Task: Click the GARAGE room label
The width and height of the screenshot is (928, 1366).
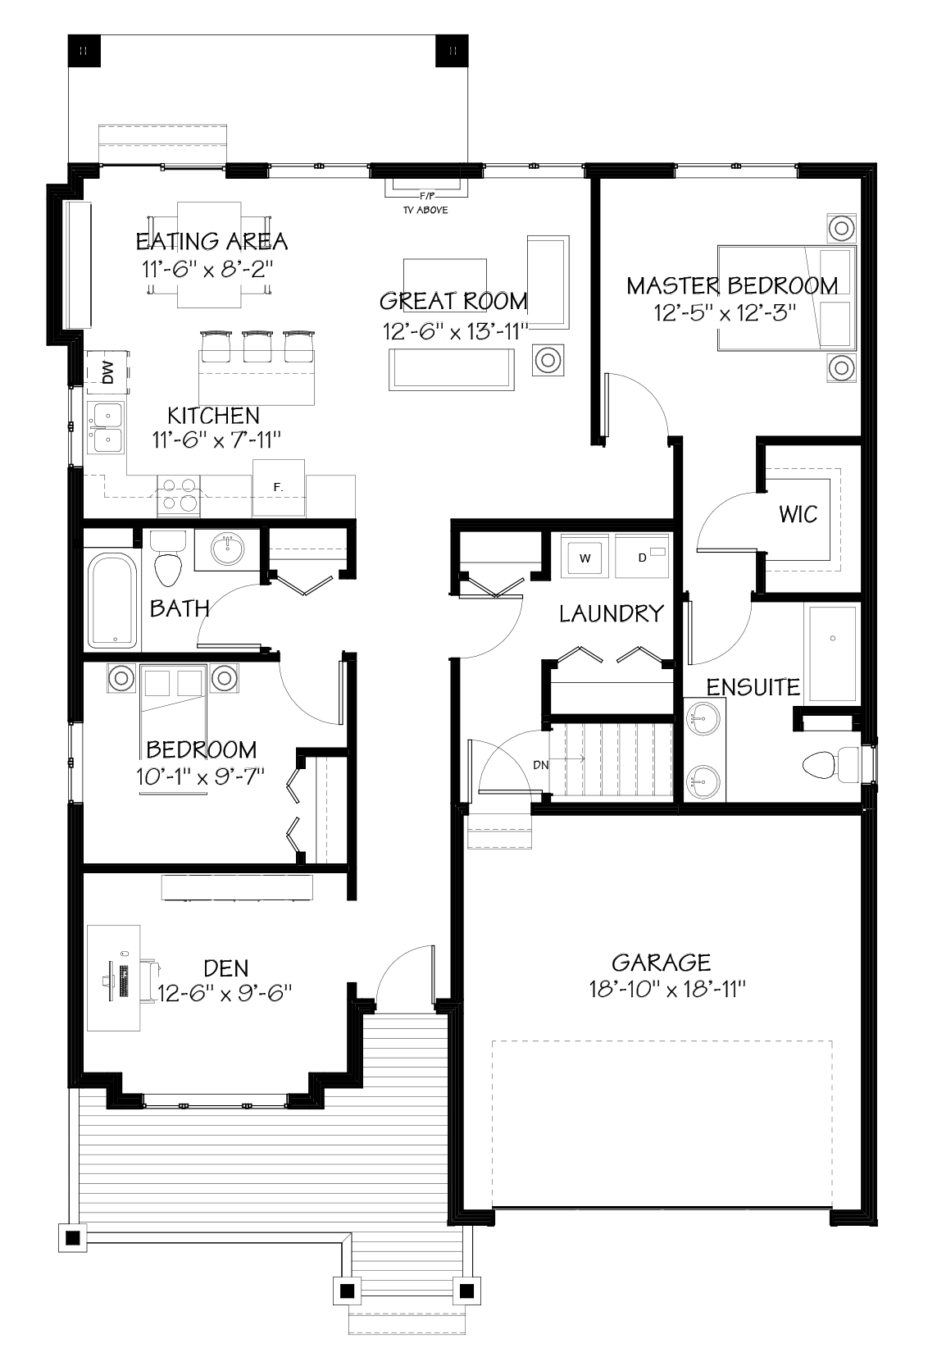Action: pos(661,962)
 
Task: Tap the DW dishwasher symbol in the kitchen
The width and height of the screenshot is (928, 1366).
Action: pos(107,371)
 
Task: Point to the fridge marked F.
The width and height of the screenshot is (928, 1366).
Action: pos(279,487)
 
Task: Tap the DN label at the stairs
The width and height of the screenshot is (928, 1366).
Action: pos(540,765)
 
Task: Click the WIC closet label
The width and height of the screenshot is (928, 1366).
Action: pos(798,515)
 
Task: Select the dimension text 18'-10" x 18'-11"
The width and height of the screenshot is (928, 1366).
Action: pos(666,990)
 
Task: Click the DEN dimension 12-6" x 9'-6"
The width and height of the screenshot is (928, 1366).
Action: pos(225,993)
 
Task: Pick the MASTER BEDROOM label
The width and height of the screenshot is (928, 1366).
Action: pos(732,285)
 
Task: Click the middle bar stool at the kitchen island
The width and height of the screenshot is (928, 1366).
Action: pos(257,345)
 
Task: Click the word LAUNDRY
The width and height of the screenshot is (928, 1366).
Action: pos(611,613)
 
